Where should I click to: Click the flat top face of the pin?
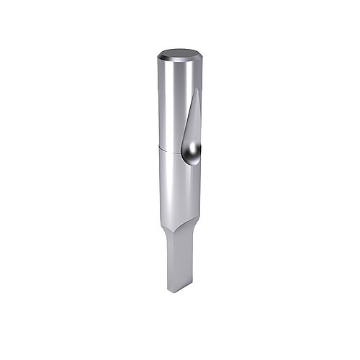click(179, 54)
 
